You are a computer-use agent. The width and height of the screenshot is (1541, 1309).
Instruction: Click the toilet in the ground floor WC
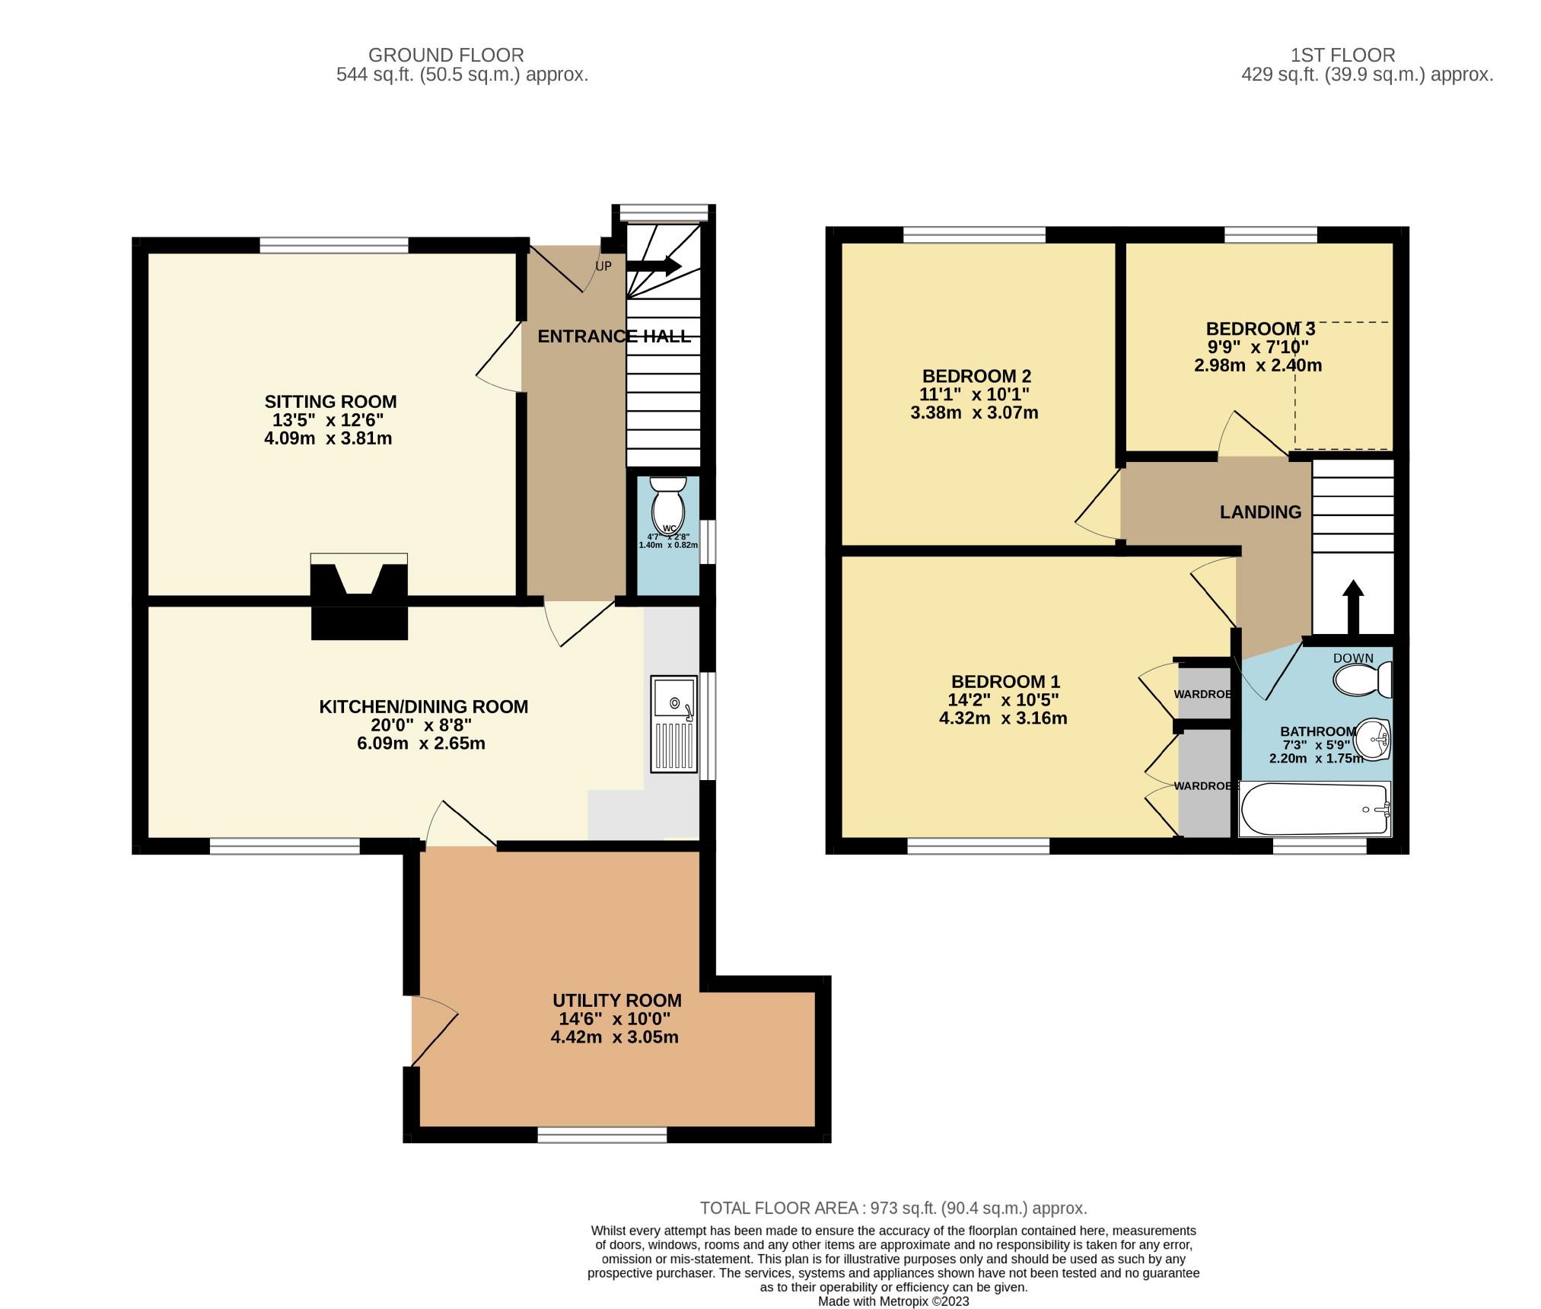click(669, 502)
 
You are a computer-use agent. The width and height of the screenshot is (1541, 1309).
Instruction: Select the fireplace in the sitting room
click(359, 596)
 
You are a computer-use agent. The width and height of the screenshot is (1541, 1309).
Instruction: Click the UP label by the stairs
click(603, 266)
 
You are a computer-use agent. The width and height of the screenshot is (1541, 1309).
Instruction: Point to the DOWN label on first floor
click(1353, 658)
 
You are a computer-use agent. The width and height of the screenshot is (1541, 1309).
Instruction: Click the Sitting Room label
click(330, 401)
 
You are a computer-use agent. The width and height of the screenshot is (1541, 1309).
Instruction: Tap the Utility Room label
click(616, 1000)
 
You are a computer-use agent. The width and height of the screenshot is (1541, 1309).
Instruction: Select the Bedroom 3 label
click(1260, 329)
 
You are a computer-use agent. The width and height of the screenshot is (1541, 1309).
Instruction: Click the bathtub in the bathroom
click(1316, 810)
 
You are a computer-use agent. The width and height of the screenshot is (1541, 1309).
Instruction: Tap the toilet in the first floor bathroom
click(1363, 680)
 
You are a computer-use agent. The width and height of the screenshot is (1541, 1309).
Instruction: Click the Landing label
click(1260, 512)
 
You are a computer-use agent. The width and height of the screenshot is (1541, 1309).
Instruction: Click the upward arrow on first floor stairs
click(1352, 607)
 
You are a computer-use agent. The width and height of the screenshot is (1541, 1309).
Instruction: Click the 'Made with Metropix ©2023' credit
click(893, 1302)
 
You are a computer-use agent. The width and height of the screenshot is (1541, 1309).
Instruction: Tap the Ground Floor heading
click(446, 56)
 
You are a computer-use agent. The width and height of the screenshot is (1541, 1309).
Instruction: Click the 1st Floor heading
click(1343, 56)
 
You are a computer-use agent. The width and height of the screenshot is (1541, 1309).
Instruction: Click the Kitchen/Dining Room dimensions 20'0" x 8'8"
click(421, 725)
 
